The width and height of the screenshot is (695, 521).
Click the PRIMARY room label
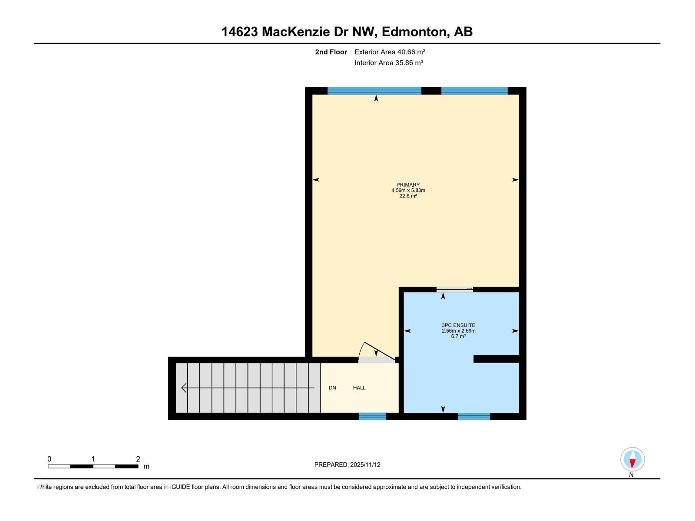[408, 185]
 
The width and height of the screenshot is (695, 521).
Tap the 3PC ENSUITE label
[458, 325]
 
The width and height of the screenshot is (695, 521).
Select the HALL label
[359, 388]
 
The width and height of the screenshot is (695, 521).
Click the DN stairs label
[332, 388]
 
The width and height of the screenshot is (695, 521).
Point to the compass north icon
[632, 459]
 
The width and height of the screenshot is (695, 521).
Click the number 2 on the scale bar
[138, 459]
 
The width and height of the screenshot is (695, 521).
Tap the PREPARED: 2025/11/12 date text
[347, 465]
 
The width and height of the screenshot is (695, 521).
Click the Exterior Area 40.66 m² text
[390, 52]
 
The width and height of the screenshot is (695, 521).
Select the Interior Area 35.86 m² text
[389, 63]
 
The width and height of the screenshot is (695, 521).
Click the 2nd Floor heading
[331, 52]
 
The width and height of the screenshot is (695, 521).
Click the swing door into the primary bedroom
[376, 354]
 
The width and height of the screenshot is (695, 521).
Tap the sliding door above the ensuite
[454, 289]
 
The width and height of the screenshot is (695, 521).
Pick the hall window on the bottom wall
[372, 416]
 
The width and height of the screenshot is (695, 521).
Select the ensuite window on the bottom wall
[473, 416]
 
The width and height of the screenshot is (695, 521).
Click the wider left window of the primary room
[374, 91]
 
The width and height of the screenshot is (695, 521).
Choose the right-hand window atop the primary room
[474, 91]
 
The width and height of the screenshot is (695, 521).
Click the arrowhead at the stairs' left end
[184, 388]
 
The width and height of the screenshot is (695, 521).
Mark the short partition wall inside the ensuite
[496, 359]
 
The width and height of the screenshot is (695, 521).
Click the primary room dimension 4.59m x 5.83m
[408, 190]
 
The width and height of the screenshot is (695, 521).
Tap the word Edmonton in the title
[414, 32]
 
